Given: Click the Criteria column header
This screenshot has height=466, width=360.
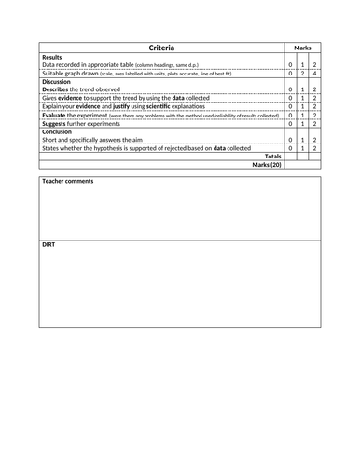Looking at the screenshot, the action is tap(160, 48).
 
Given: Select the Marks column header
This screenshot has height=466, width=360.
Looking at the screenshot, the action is tap(302, 48).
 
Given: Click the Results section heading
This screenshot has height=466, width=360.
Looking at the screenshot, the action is tap(53, 57).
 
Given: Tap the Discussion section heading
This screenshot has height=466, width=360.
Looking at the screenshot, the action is tap(59, 81).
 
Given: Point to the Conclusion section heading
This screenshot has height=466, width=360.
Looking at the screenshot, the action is tap(60, 130).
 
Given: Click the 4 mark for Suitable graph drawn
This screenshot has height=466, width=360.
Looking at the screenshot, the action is tap(315, 73).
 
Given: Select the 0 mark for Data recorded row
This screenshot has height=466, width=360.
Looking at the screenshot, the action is tap(290, 65).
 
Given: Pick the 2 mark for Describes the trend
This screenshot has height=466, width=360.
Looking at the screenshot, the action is tap(315, 89).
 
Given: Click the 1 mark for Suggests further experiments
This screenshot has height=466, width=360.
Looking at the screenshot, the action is tap(302, 122).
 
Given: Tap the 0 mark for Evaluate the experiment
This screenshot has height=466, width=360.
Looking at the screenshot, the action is tap(290, 114).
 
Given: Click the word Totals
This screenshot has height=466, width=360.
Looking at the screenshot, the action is tap(272, 156).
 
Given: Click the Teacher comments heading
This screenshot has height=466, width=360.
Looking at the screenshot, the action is tap(68, 180).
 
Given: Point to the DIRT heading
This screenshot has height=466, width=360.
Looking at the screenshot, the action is tap(50, 244).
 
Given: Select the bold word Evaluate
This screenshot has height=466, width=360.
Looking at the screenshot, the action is tap(57, 114).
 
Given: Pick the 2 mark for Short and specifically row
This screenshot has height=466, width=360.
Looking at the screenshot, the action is tap(315, 139).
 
